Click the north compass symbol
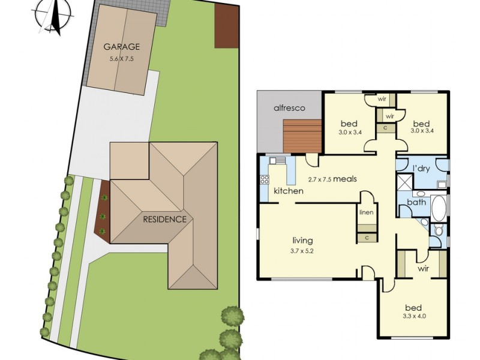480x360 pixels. (x=53, y=17)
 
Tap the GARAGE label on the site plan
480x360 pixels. (x=122, y=47)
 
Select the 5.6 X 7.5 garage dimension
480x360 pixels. (x=122, y=59)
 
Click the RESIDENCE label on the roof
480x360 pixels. (x=164, y=219)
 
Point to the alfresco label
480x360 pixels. (x=289, y=108)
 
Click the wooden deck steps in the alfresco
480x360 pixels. (x=302, y=136)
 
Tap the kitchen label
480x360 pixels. (x=289, y=191)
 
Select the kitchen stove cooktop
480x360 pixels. (x=264, y=179)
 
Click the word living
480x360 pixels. (x=302, y=241)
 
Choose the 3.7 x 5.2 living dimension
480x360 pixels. (x=302, y=251)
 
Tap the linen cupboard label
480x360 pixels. (x=367, y=212)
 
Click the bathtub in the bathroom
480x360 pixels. (x=439, y=208)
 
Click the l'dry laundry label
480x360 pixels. (x=421, y=169)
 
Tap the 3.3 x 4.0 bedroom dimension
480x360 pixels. (x=413, y=316)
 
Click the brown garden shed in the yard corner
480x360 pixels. (x=227, y=26)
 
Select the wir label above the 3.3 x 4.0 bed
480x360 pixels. (x=424, y=269)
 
